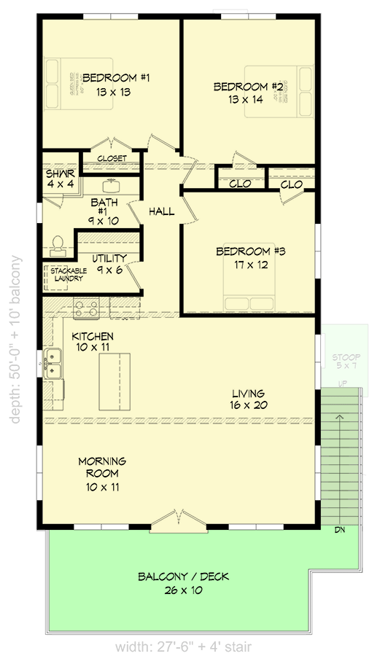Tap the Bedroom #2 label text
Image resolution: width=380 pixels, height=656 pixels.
point(248,93)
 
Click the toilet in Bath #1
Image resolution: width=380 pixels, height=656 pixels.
point(58,245)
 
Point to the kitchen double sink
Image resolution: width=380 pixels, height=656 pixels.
point(53,363)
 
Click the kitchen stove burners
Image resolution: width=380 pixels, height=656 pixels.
point(85,309)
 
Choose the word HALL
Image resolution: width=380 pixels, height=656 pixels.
point(161,211)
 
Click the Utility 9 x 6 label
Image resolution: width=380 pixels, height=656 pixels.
point(109,263)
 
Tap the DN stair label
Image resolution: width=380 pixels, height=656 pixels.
point(340,529)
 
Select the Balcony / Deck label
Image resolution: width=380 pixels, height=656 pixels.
point(183,583)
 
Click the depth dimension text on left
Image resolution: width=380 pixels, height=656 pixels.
point(15,339)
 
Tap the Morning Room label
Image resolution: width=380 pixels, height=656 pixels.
point(102,473)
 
